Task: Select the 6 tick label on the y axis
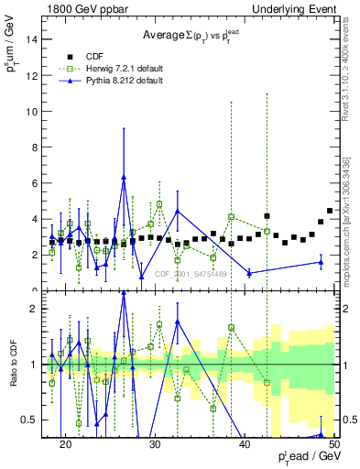(38, 183)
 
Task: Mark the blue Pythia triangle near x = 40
(249, 273)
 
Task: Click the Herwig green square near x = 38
(231, 217)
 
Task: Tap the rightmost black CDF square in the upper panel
(330, 211)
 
